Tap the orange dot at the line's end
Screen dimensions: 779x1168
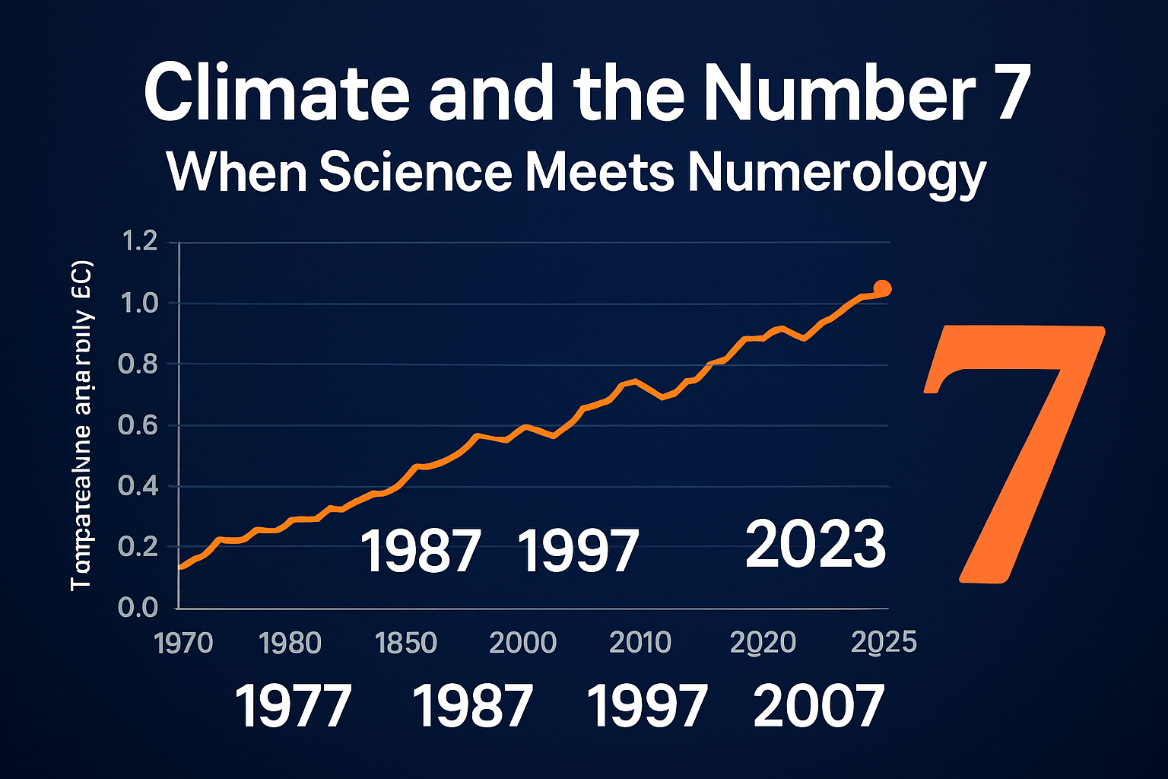click(x=882, y=288)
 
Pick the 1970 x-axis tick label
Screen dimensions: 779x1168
click(x=183, y=644)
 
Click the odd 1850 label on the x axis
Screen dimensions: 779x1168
click(x=406, y=644)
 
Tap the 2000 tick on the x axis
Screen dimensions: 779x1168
click(x=523, y=644)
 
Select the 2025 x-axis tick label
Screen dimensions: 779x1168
click(x=884, y=644)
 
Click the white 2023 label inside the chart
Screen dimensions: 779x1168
click(x=816, y=545)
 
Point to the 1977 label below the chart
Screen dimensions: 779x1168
click(x=293, y=706)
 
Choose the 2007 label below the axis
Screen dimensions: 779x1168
click(x=819, y=706)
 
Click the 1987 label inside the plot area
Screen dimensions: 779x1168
click(x=421, y=552)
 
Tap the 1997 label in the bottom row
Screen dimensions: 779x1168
click(x=647, y=706)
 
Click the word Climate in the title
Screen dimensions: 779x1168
click(x=277, y=94)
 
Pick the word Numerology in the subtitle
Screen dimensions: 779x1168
click(x=836, y=173)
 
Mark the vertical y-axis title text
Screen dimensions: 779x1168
click(x=81, y=426)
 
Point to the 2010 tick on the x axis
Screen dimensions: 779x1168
click(x=640, y=644)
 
